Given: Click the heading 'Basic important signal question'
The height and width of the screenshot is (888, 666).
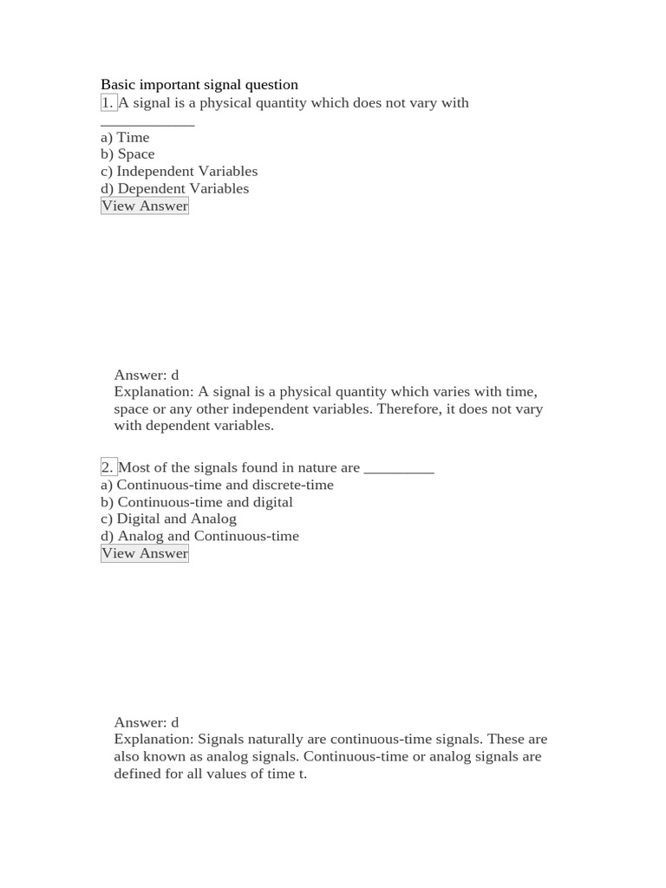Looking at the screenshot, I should point(199,85).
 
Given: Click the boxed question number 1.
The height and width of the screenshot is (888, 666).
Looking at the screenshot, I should point(108,102).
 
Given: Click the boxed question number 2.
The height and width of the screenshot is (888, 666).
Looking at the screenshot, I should point(108,467).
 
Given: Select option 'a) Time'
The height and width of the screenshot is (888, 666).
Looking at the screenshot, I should point(125,137).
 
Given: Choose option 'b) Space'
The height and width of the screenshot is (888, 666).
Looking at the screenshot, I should point(127,154).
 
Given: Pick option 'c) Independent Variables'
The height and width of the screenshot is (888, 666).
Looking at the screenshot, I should point(179,172).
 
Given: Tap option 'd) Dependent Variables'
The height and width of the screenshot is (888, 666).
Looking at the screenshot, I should point(174,188).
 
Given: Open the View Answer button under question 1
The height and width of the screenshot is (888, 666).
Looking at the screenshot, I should point(144,206).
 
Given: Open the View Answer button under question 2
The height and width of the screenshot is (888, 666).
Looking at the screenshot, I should point(144,553).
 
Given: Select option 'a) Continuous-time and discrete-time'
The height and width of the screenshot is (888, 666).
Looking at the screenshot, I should point(217,485).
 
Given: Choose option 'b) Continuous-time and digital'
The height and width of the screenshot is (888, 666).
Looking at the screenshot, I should point(197,502).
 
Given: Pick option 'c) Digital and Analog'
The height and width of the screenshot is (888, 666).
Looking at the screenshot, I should point(168,519).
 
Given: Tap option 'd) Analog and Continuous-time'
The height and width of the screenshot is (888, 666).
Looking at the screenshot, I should point(199,536).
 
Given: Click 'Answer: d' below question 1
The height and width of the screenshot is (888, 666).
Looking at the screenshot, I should point(146,375).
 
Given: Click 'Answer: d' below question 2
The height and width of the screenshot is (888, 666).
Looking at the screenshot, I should point(146,722).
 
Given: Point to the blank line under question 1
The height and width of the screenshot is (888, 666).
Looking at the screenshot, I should point(147,123).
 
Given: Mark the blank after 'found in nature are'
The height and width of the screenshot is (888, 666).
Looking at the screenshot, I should point(399,470).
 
